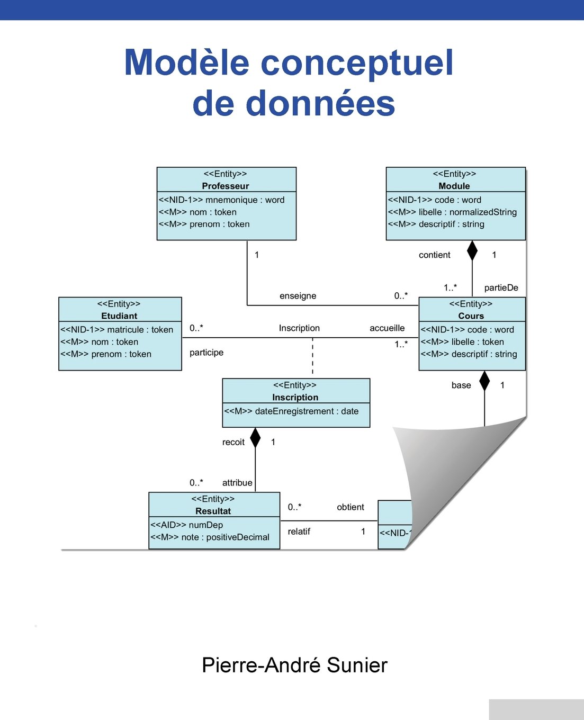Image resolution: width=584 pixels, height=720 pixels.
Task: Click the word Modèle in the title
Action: [186, 62]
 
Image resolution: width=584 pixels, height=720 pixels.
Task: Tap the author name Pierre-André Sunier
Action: [294, 665]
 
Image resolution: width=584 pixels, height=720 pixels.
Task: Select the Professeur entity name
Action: [225, 186]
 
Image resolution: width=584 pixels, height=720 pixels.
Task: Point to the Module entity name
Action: [454, 186]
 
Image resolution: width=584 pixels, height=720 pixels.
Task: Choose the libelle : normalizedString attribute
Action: [452, 212]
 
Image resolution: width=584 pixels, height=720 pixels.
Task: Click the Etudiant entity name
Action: [119, 316]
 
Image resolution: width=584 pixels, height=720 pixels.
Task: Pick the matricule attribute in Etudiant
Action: [116, 329]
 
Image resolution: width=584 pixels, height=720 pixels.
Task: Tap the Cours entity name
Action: [471, 316]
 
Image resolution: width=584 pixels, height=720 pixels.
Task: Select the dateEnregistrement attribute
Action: [291, 411]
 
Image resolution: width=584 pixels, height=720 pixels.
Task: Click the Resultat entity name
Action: [213, 511]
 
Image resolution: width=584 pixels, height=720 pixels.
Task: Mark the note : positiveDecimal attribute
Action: [210, 537]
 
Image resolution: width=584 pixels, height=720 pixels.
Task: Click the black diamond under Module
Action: [472, 250]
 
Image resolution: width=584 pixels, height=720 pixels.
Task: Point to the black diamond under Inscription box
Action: [255, 437]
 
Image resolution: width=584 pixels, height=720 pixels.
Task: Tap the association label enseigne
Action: [298, 295]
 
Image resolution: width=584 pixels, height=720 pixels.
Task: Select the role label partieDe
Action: [501, 287]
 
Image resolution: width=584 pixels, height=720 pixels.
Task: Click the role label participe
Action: [206, 352]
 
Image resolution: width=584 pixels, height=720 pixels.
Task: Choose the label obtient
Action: [351, 507]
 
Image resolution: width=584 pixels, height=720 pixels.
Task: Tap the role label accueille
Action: [387, 328]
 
